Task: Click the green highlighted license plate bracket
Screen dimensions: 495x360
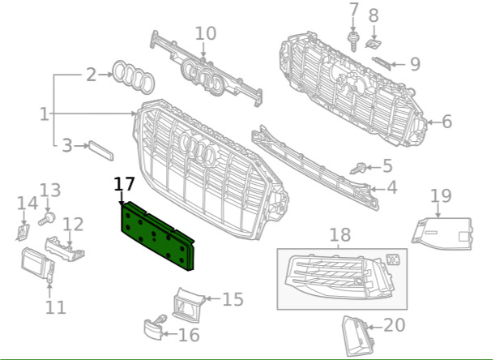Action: (160, 233)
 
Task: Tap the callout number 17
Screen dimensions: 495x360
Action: (125, 184)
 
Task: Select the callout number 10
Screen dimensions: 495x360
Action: (206, 33)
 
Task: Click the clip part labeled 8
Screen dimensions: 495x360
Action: (373, 41)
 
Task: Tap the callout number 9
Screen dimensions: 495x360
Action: (414, 62)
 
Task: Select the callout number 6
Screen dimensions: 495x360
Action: (446, 122)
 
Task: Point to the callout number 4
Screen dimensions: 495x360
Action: (391, 188)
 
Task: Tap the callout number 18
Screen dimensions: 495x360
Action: (340, 236)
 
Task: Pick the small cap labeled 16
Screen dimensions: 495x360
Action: (152, 328)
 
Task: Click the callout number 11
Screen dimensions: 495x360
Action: (55, 307)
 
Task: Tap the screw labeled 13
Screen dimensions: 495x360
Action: (48, 218)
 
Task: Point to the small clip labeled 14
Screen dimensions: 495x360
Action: (21, 233)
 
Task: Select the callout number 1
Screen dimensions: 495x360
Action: (44, 114)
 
